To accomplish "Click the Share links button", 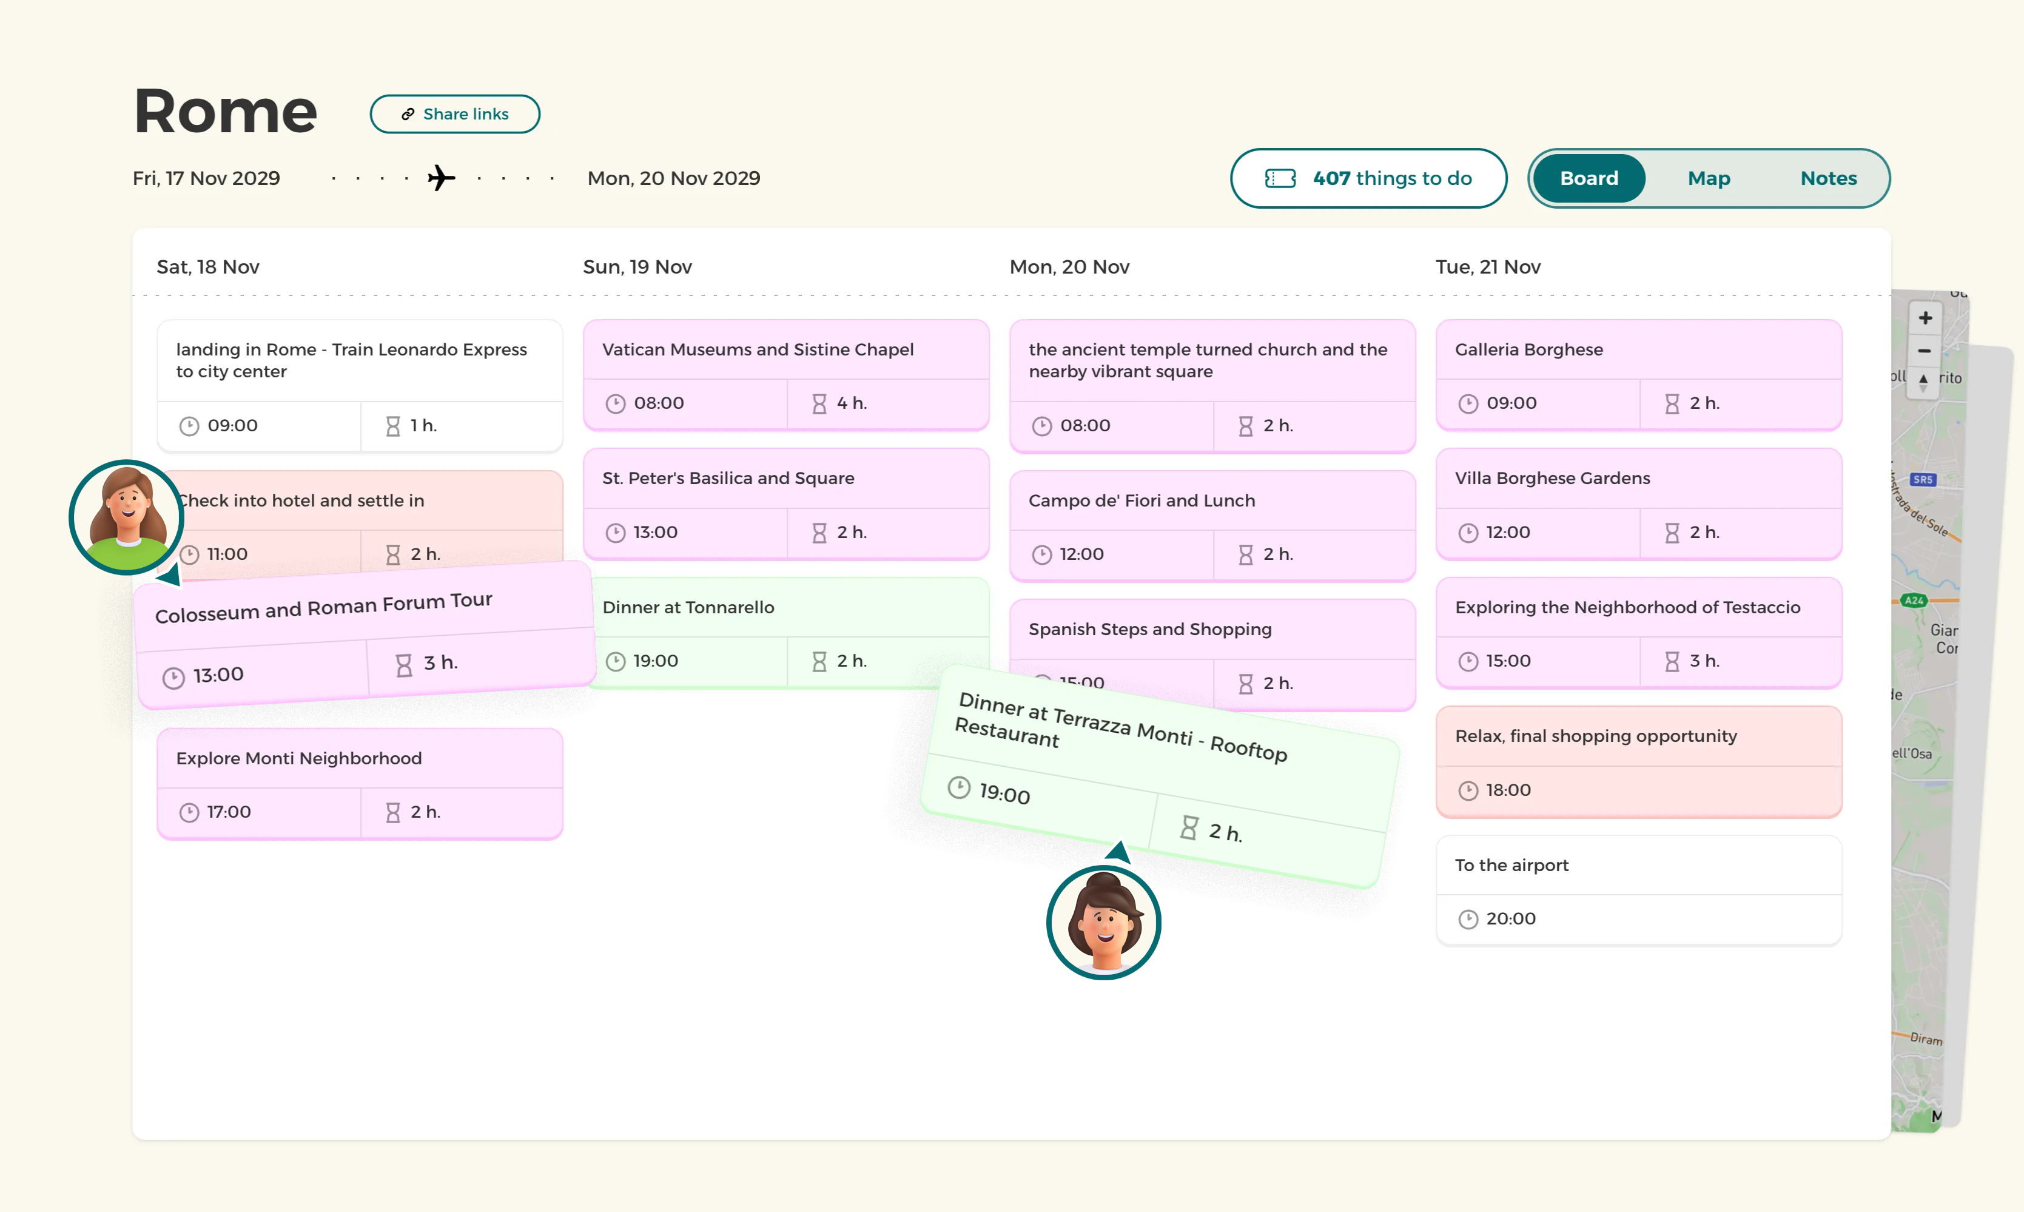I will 455,114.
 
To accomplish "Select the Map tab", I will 1708,178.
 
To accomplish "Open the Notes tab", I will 1828,178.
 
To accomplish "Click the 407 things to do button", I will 1368,178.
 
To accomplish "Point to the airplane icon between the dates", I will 441,178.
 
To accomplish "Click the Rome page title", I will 226,111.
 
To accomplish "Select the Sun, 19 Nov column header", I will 637,267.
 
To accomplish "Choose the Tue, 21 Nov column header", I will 1488,267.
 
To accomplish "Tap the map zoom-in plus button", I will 1925,318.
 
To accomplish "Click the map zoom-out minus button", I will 1925,351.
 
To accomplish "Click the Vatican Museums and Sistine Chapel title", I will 758,349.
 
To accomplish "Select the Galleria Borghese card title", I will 1528,349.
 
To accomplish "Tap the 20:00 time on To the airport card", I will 1510,919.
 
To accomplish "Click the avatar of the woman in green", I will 127,517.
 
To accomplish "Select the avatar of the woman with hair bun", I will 1104,922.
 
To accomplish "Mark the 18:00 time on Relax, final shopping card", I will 1507,790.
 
